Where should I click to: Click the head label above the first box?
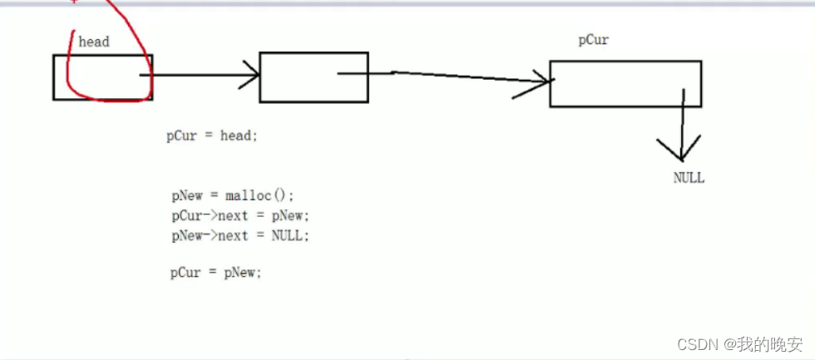[x=93, y=42]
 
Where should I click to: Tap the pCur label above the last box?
[x=594, y=40]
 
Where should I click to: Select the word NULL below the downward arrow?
[x=689, y=178]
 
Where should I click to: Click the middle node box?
[x=314, y=77]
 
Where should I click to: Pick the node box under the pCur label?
[x=625, y=83]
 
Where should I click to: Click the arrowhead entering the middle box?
[x=252, y=76]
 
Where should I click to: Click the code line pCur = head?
[x=212, y=136]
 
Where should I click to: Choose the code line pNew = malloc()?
[x=233, y=196]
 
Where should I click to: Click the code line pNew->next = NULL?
[x=240, y=236]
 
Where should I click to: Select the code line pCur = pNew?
[x=216, y=272]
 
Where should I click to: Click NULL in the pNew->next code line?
[x=288, y=236]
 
